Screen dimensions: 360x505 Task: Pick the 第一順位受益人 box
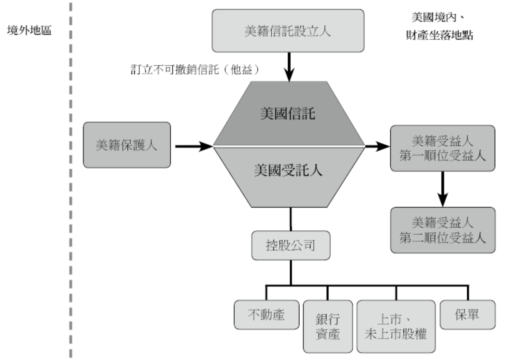tap(443, 148)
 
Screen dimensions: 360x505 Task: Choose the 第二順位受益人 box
tap(443, 230)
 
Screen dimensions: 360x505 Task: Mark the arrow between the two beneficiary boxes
tap(443, 188)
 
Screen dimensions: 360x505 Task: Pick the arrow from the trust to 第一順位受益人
tap(377, 147)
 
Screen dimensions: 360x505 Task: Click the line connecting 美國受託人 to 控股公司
tap(290, 218)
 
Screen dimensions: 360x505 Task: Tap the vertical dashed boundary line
tap(71, 184)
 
